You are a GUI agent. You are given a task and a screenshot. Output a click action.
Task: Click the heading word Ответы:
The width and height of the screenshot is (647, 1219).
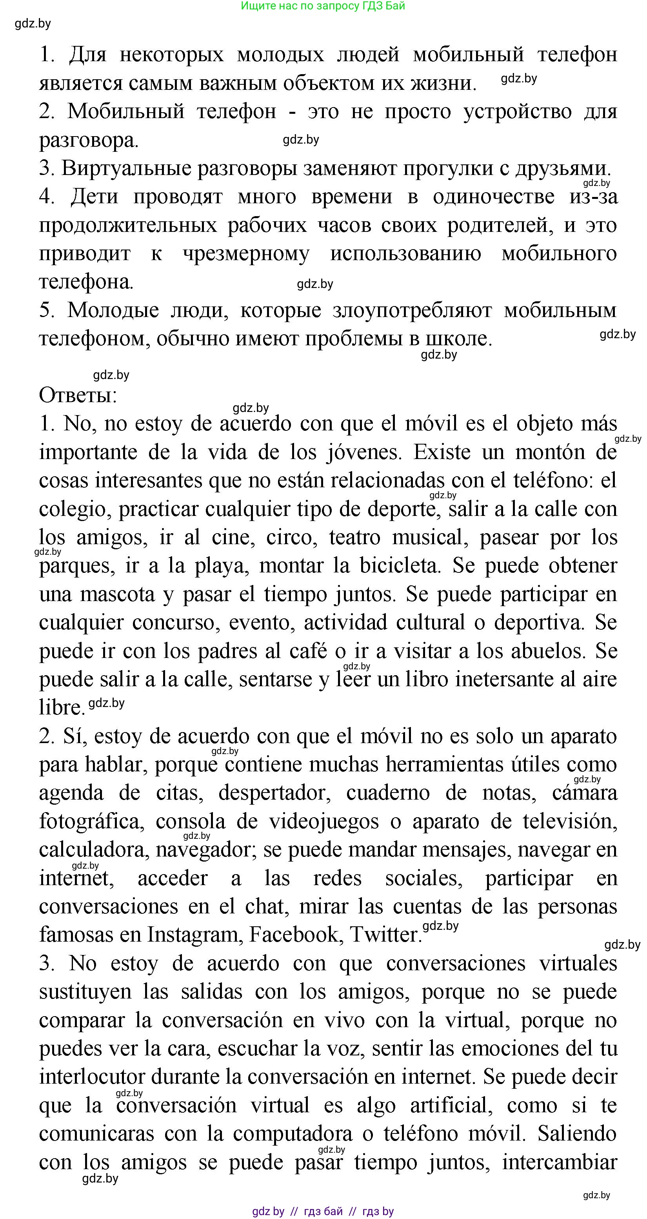click(78, 395)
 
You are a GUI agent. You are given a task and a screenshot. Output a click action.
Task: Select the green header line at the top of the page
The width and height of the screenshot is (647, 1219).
click(323, 6)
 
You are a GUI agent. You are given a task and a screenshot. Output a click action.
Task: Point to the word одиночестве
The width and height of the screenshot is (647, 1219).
click(493, 197)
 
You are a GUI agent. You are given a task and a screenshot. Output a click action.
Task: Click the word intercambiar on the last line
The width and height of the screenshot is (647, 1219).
click(560, 1162)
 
